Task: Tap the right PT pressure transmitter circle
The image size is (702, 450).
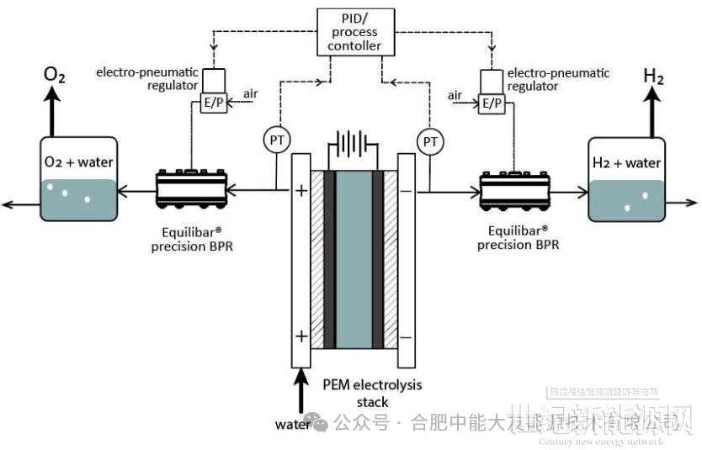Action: point(430,140)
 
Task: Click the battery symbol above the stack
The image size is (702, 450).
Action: point(353,145)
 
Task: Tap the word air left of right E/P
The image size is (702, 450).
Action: point(456,95)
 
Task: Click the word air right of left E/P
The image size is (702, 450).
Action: point(250,93)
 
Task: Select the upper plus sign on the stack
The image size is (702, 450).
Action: point(300,191)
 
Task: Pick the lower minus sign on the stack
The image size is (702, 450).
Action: point(406,336)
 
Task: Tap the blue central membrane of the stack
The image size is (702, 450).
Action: point(353,261)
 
